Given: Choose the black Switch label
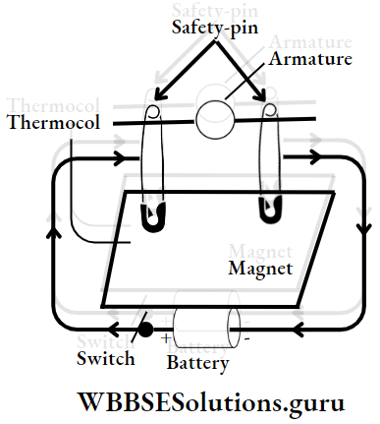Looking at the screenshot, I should point(105,358).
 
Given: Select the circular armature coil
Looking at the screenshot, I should point(216,120).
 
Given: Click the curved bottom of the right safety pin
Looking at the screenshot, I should point(267,211).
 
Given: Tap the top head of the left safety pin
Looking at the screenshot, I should point(155,113).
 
